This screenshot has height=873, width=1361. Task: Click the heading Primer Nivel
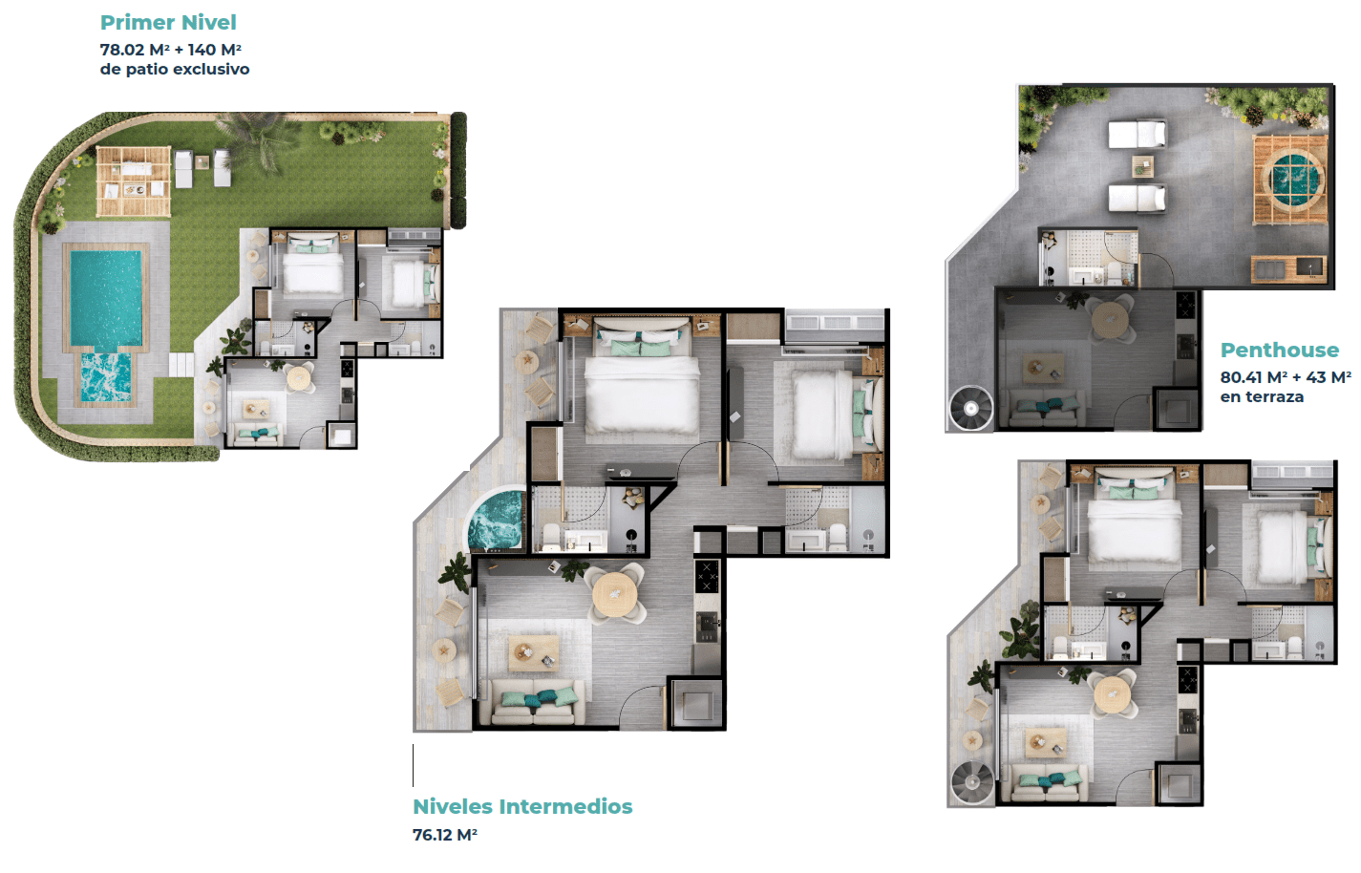coord(168,23)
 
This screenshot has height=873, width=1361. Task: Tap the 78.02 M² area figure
coord(135,50)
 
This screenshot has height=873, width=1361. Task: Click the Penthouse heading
coord(1280,351)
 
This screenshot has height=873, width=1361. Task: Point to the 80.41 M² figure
coord(1253,377)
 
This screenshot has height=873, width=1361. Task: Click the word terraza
coord(1274,397)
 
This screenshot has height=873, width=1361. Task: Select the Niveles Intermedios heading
coord(522,806)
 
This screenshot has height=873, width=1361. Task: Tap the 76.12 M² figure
coord(445,835)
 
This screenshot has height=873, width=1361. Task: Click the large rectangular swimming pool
coord(106,298)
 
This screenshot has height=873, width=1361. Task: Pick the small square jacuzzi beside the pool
coord(106,377)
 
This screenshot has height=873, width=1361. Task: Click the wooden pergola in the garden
coord(133,181)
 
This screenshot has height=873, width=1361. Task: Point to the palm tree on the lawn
coord(258,139)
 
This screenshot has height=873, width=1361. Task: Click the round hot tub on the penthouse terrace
coord(1291,181)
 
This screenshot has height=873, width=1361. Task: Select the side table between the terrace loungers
coord(1142,166)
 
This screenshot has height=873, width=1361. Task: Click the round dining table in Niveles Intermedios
coord(615,595)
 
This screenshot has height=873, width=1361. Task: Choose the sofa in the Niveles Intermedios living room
coord(535,701)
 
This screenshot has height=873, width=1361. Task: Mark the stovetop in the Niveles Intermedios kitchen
coord(707,575)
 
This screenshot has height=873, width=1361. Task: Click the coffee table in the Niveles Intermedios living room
coord(533,653)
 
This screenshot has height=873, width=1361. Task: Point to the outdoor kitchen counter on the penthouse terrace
coord(1288,269)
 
